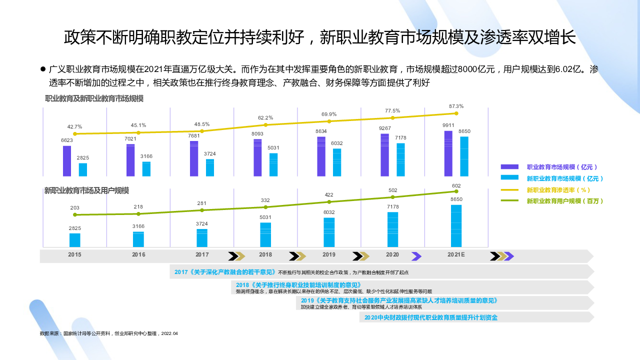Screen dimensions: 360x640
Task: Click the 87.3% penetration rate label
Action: click(x=456, y=106)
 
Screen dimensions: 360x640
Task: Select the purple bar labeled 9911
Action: click(x=448, y=153)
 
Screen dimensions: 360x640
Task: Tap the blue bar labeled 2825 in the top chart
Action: click(x=83, y=169)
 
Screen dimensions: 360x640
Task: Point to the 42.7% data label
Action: click(x=74, y=127)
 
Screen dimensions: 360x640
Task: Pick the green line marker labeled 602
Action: click(x=456, y=191)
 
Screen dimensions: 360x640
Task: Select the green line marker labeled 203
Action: click(x=75, y=214)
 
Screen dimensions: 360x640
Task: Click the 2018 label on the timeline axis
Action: click(x=265, y=254)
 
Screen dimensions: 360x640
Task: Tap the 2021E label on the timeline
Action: click(x=456, y=254)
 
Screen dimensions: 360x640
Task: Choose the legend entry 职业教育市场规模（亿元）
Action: click(x=561, y=167)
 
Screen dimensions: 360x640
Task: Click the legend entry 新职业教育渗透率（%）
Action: click(x=558, y=190)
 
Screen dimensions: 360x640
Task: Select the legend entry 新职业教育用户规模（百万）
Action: click(x=564, y=201)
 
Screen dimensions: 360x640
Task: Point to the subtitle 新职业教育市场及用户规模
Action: click(x=86, y=190)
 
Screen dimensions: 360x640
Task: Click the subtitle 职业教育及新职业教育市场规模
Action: click(x=94, y=99)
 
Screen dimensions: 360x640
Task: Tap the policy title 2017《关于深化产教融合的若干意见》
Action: click(x=225, y=272)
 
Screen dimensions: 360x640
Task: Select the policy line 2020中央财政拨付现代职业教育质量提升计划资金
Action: click(x=430, y=317)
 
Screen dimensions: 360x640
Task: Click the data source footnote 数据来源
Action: click(x=108, y=333)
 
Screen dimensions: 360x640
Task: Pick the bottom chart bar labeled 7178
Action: click(x=392, y=229)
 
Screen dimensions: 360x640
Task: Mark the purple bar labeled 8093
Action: click(x=257, y=157)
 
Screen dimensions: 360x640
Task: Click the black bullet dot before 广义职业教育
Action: click(x=43, y=68)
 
